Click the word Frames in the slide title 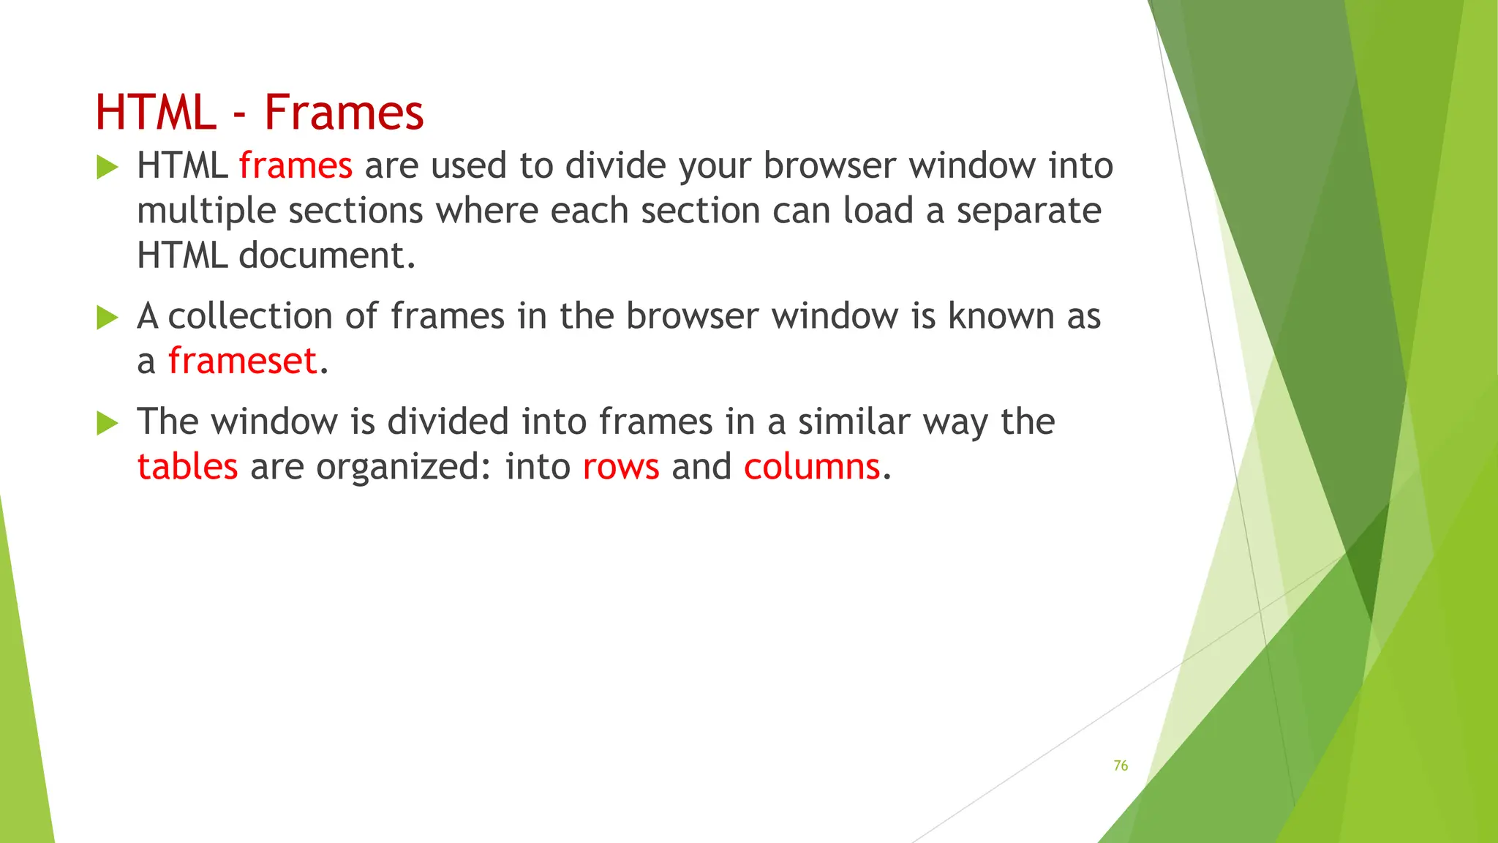[x=344, y=113]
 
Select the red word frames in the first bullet [x=296, y=165]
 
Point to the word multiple [x=206, y=211]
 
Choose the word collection [x=250, y=316]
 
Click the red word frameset [x=243, y=361]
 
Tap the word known [x=1001, y=316]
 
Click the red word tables [x=187, y=466]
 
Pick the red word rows [x=621, y=468]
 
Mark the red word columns [x=812, y=466]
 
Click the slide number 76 [x=1121, y=765]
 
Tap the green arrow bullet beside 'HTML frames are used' [x=107, y=168]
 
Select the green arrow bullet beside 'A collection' [x=107, y=318]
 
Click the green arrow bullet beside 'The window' [x=107, y=424]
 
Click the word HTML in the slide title [x=156, y=113]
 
